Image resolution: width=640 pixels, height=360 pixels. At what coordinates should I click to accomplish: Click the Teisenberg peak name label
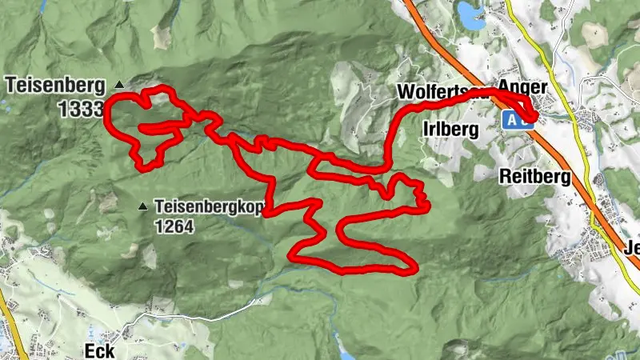[52, 83]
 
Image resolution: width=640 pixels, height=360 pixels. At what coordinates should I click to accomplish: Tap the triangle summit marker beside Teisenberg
[120, 83]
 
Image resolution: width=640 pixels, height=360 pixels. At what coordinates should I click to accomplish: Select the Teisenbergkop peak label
[209, 206]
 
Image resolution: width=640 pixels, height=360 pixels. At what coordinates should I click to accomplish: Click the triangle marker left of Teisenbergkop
[143, 206]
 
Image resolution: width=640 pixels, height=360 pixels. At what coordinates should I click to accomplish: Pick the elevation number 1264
[174, 226]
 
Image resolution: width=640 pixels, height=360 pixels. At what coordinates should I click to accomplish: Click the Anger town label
[522, 86]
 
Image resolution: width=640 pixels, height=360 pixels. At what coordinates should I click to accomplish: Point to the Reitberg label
[534, 176]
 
